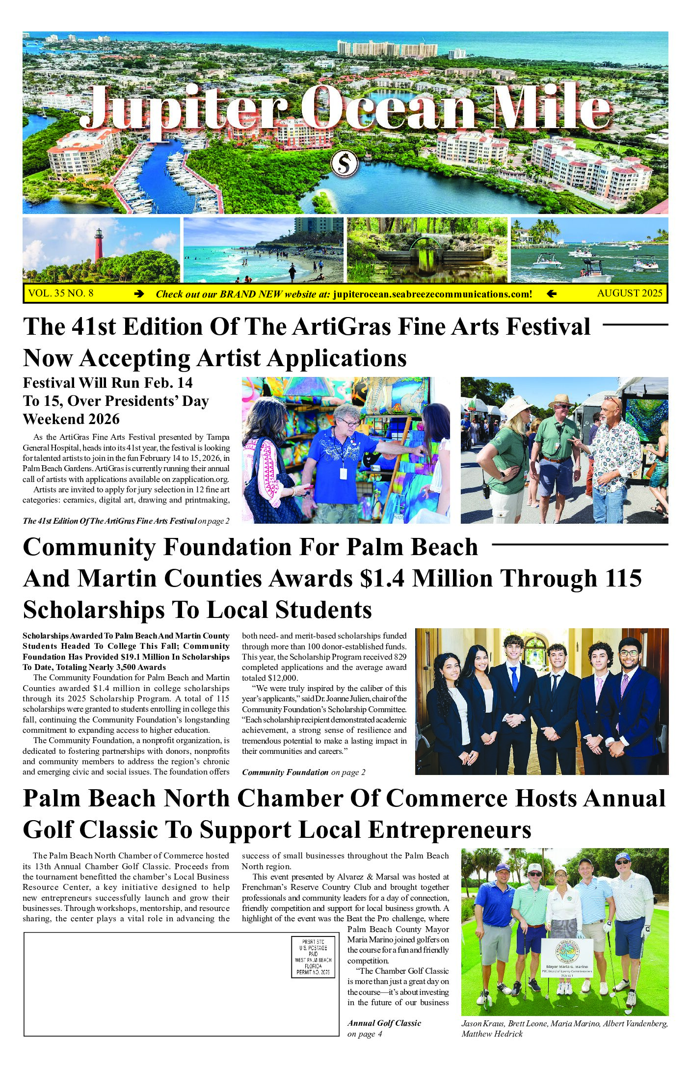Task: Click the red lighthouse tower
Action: coord(99,244)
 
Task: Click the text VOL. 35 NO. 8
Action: coord(61,294)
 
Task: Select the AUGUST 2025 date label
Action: coord(630,294)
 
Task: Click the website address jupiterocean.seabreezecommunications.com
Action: coord(432,294)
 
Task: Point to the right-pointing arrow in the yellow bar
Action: coord(139,294)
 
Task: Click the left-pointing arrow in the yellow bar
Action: coord(551,294)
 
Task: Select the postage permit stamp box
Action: coord(313,957)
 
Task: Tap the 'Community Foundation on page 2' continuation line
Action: coord(303,772)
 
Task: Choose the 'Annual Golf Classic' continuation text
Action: coord(384,1023)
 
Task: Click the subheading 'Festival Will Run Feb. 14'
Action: coord(108,383)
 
